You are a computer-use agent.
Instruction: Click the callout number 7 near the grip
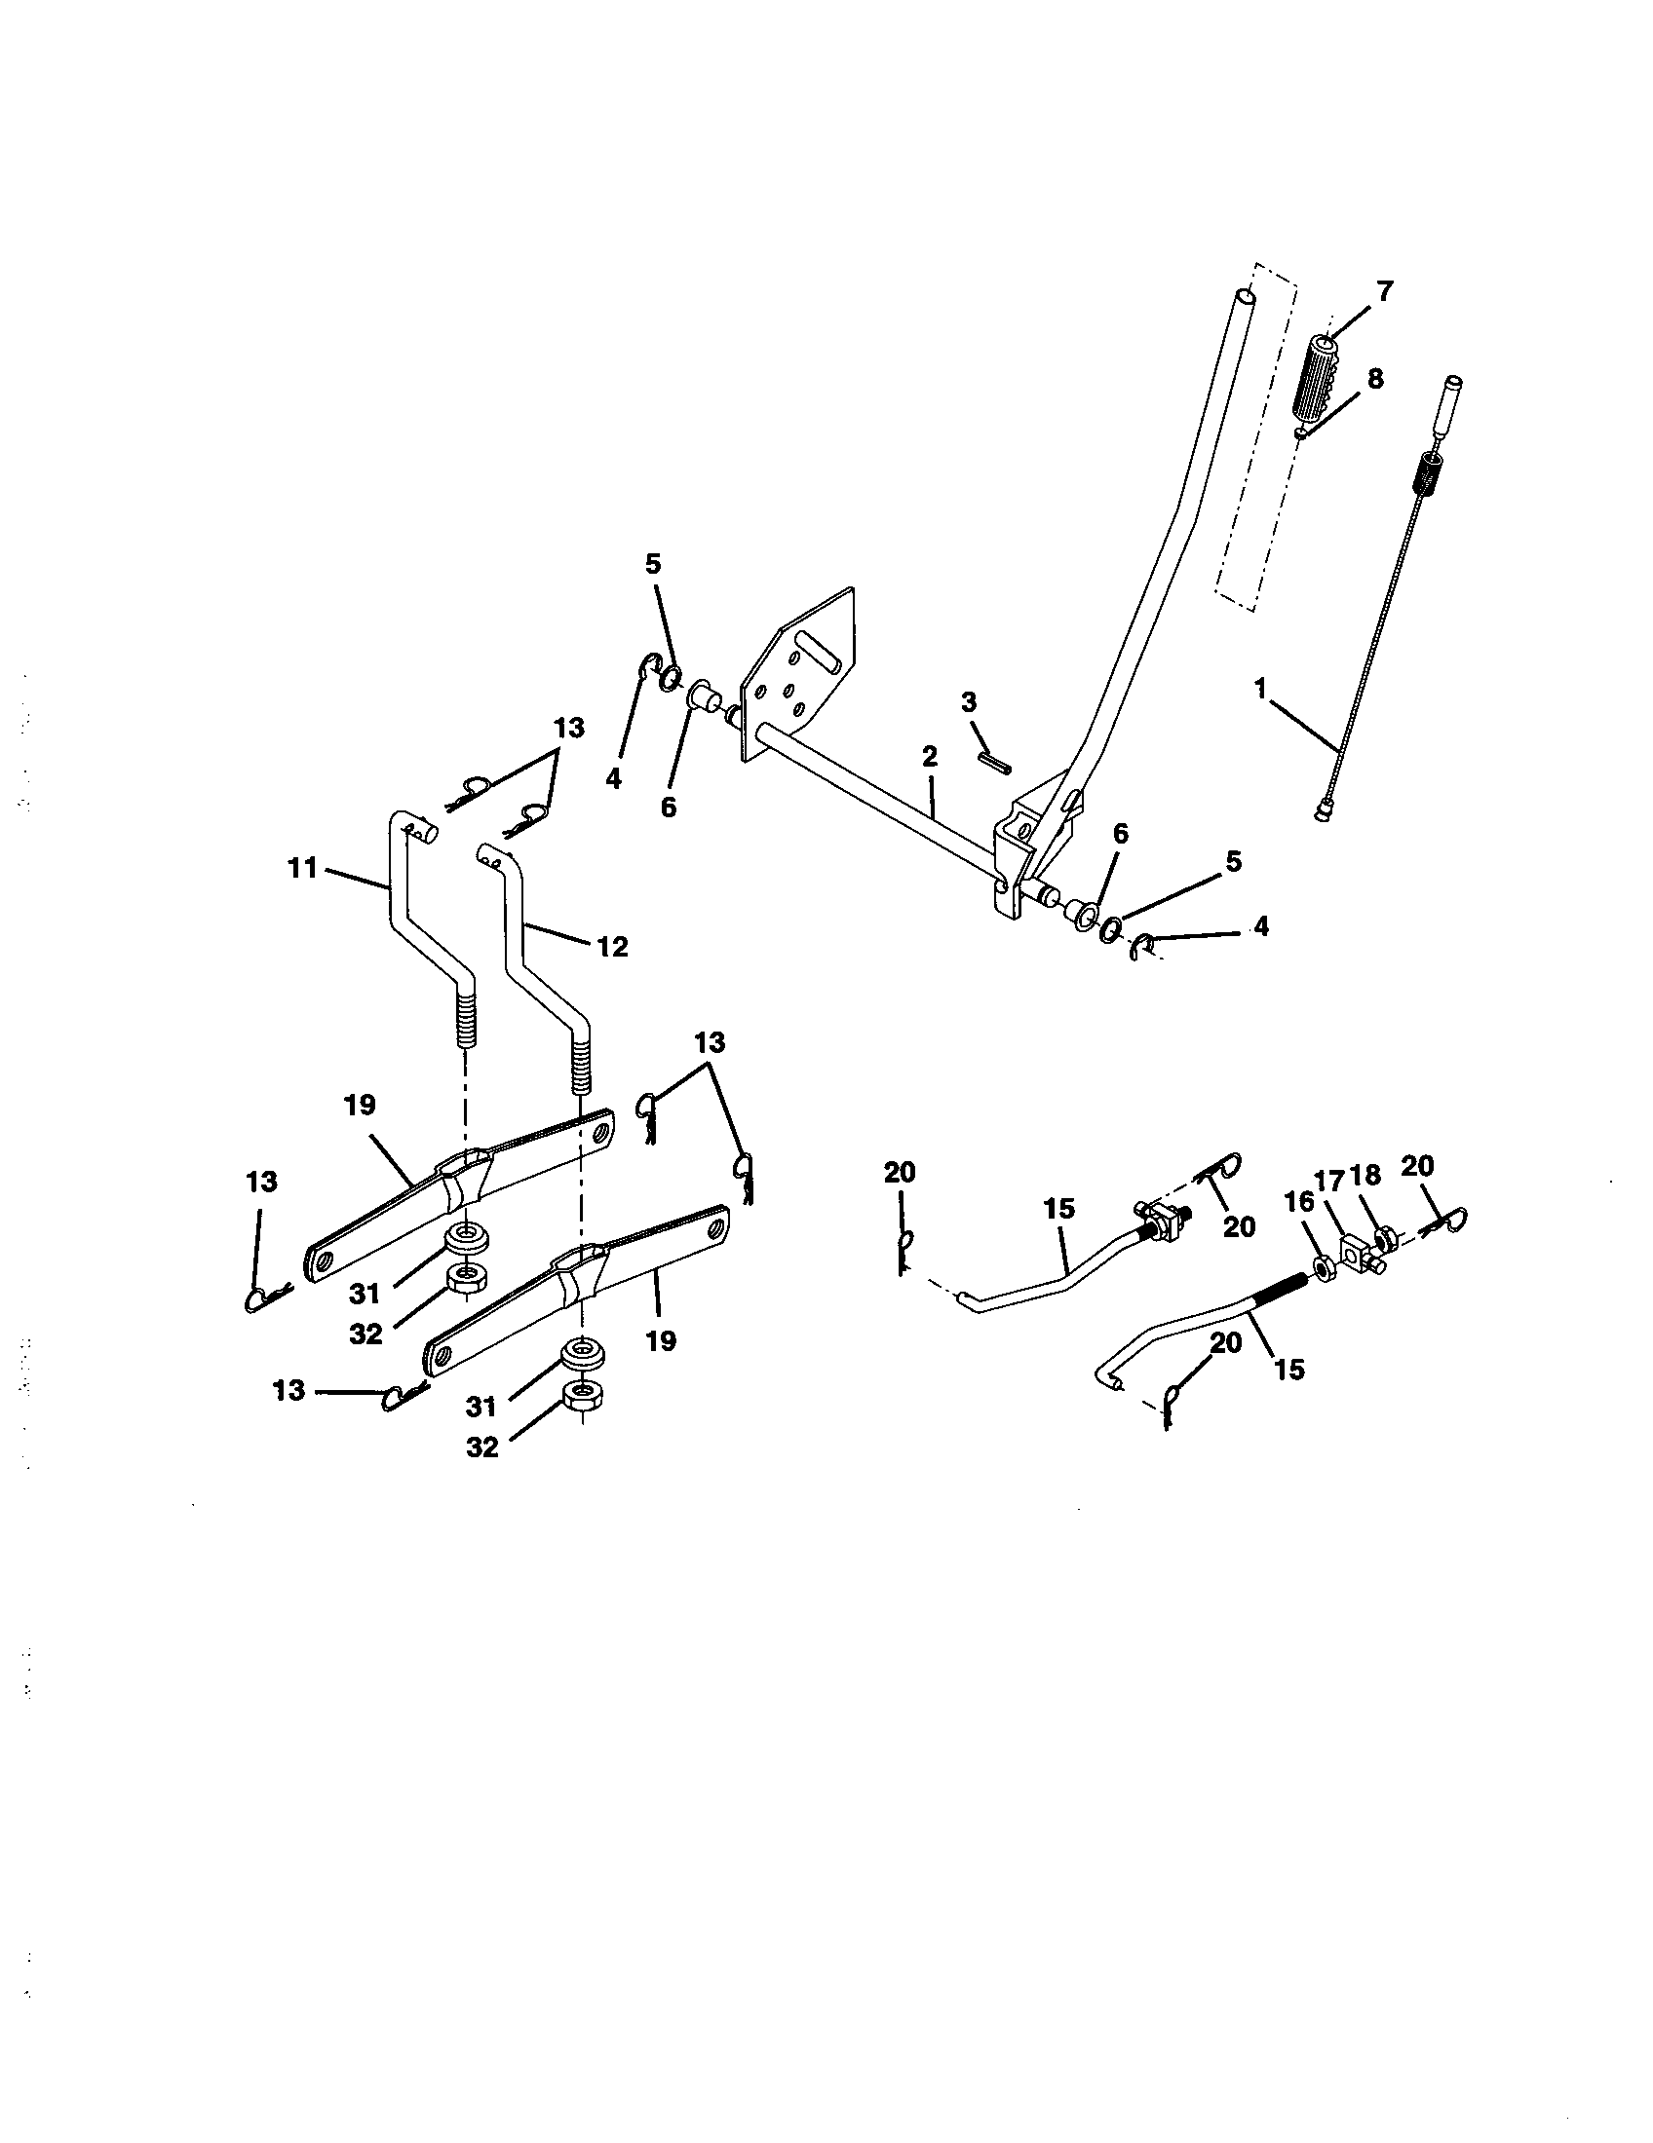[1384, 291]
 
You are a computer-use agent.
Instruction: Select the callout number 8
[1374, 380]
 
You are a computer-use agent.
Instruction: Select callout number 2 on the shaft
[930, 756]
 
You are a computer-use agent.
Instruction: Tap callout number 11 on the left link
[303, 867]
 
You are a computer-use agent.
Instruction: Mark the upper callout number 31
[365, 1294]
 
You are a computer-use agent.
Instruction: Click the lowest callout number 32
[481, 1447]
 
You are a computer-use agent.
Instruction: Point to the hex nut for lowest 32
[583, 1394]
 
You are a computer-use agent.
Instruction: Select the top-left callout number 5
[653, 564]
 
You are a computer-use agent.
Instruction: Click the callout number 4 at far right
[1260, 925]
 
